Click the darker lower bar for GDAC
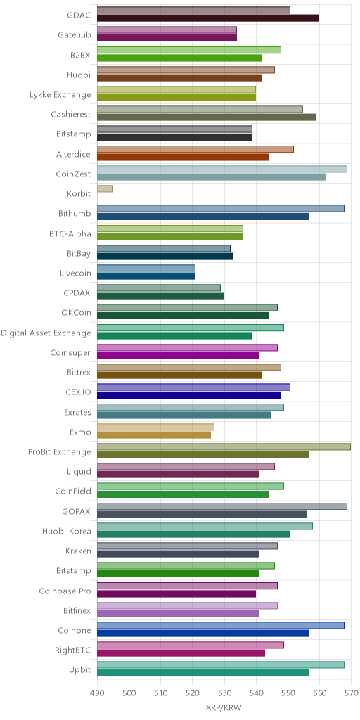coord(208,18)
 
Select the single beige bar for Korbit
coord(105,188)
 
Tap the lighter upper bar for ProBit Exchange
coord(224,446)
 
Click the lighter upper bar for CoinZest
coord(222,169)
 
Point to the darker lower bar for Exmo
coord(154,435)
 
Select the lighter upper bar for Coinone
coord(221,625)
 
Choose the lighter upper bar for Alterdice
coord(195,149)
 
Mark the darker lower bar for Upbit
coord(203,673)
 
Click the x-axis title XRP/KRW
coord(224,707)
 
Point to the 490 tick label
coord(97,693)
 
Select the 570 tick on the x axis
coord(351,693)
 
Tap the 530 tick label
coord(224,693)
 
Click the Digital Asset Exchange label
coord(46,333)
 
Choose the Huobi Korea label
coord(66,532)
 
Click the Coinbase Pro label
coord(65,591)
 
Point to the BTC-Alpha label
coord(70,234)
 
